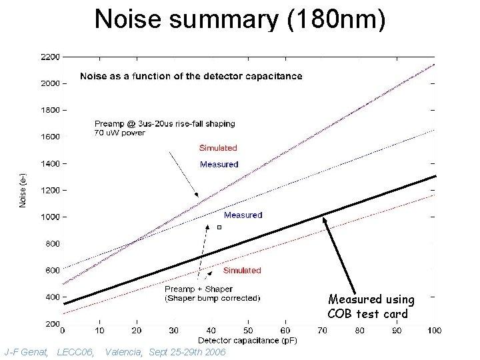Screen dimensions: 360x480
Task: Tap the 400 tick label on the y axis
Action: pyautogui.click(x=51, y=297)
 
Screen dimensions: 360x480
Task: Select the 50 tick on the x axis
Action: pyautogui.click(x=247, y=329)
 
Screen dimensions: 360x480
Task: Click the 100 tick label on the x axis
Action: pyautogui.click(x=435, y=329)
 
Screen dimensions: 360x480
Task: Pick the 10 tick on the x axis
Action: pyautogui.click(x=100, y=329)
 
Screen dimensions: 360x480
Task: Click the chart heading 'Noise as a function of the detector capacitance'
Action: pyautogui.click(x=191, y=76)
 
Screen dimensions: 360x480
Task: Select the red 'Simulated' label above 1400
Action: pyautogui.click(x=218, y=148)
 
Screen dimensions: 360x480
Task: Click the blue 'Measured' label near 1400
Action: pyautogui.click(x=219, y=165)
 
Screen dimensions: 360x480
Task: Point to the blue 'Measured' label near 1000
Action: pyautogui.click(x=243, y=215)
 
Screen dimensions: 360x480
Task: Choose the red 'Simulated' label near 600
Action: pyautogui.click(x=242, y=271)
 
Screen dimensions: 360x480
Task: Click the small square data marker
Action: pyautogui.click(x=218, y=227)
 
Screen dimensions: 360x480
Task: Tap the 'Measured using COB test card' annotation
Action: pyautogui.click(x=371, y=307)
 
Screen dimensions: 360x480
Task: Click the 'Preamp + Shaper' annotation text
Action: pyautogui.click(x=199, y=289)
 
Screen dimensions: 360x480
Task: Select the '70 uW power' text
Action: pyautogui.click(x=119, y=133)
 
